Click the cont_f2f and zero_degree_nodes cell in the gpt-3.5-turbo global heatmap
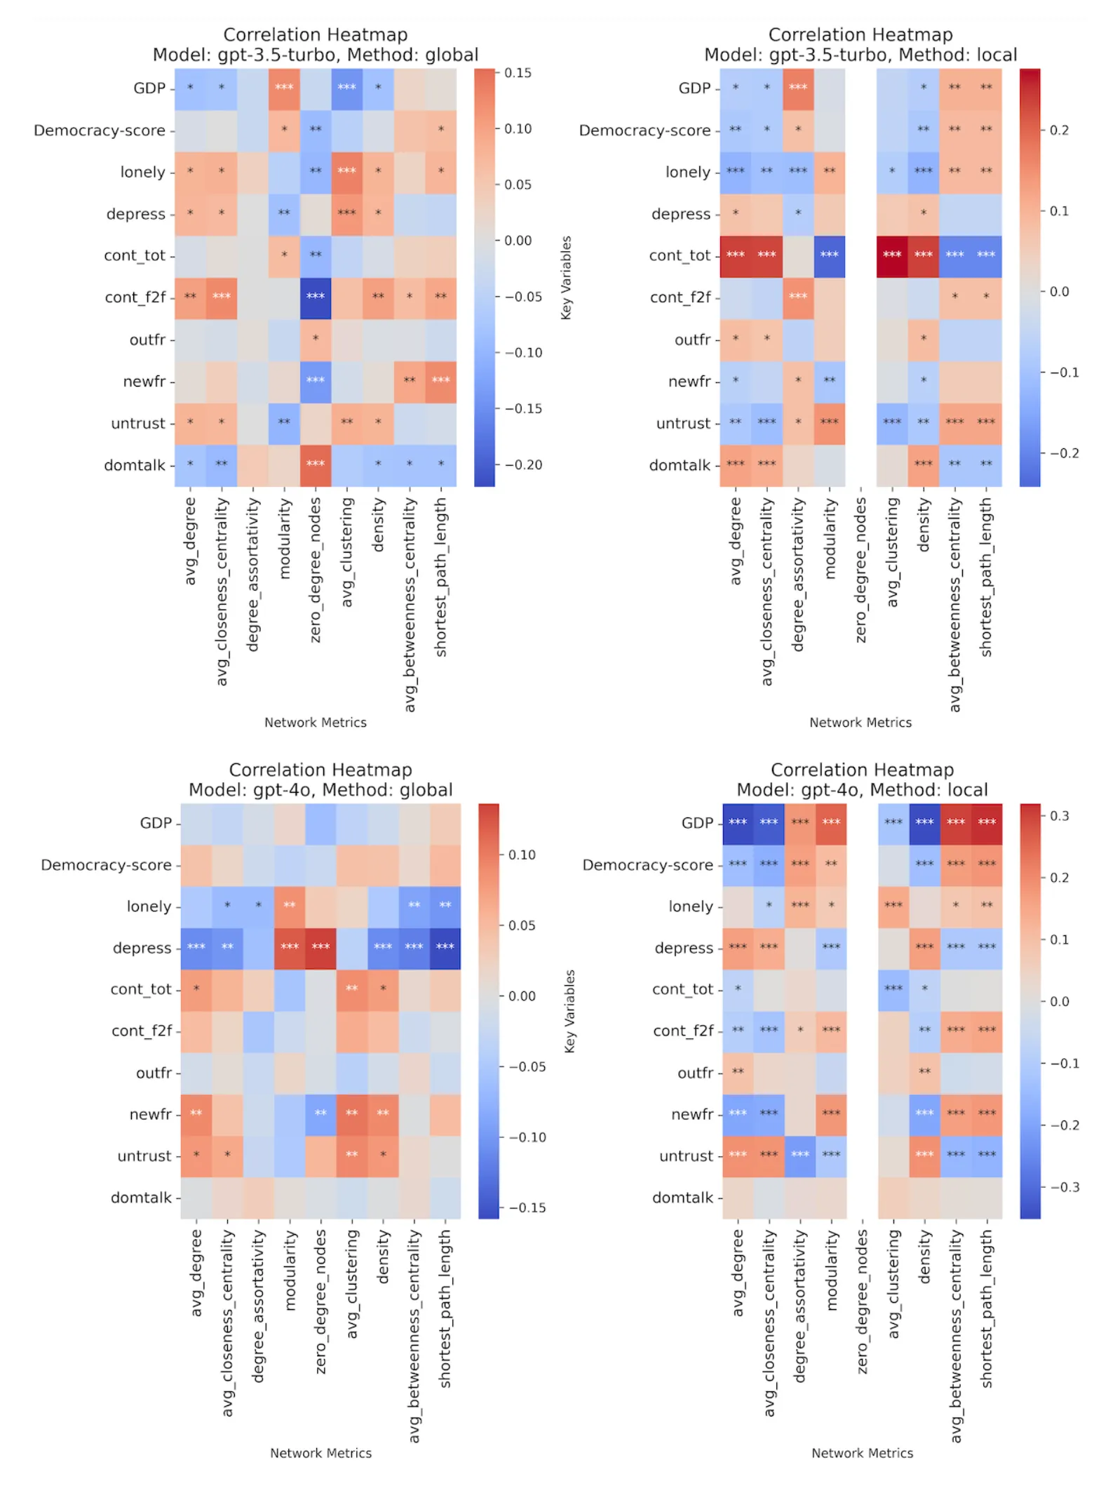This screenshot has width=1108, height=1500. click(316, 297)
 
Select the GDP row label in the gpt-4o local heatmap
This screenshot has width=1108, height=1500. click(696, 823)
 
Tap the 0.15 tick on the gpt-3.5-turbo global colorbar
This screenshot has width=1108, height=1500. click(518, 73)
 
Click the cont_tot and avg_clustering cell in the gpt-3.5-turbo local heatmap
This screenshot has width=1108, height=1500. click(892, 255)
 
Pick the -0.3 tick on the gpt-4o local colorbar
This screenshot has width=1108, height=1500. click(1064, 1187)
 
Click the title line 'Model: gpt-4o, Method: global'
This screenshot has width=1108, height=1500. click(320, 790)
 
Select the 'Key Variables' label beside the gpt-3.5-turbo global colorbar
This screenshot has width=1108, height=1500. click(567, 278)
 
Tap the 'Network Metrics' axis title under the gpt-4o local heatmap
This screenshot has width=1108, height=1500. click(862, 1453)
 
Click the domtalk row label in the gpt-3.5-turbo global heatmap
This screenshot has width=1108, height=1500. click(135, 465)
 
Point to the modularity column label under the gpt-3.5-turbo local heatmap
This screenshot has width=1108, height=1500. click(830, 539)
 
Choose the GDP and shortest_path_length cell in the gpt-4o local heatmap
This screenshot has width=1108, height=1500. click(987, 823)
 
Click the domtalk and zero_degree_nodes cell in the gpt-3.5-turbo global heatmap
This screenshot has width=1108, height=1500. click(316, 465)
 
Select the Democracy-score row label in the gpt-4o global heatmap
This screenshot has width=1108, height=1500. click(106, 865)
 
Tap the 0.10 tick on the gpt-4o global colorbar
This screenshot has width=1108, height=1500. click(521, 855)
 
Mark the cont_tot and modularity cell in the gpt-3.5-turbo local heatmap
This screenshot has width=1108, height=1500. click(830, 255)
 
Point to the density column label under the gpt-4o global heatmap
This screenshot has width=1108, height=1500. click(383, 1257)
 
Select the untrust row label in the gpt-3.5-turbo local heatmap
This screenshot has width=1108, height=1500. click(683, 423)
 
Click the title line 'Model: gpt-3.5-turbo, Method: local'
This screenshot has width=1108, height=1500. click(860, 55)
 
